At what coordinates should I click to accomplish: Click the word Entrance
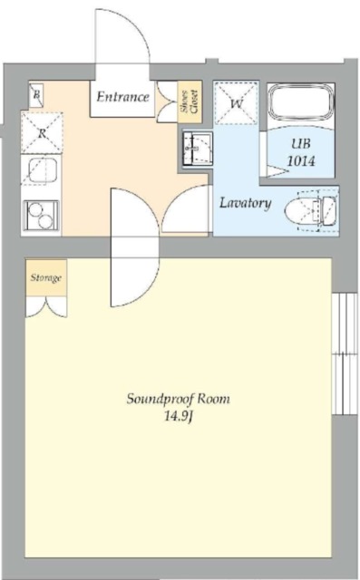click(122, 97)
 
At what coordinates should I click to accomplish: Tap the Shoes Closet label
click(190, 101)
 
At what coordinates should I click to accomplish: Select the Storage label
click(46, 278)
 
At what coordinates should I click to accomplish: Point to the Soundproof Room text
click(179, 399)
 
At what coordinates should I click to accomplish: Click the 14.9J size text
click(179, 417)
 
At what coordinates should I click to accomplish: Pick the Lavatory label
click(246, 203)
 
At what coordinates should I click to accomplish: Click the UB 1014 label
click(301, 152)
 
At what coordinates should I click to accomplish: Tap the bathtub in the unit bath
click(301, 102)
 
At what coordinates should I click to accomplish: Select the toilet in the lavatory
click(311, 210)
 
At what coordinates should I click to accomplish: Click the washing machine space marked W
click(237, 103)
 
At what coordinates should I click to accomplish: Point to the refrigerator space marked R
click(42, 133)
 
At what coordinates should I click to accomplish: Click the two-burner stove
click(41, 216)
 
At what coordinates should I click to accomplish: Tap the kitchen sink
click(42, 170)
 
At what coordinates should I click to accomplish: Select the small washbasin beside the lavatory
click(197, 149)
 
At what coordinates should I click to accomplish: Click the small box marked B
click(36, 94)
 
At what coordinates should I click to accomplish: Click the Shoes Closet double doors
click(168, 101)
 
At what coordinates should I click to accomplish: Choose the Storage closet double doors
click(46, 306)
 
